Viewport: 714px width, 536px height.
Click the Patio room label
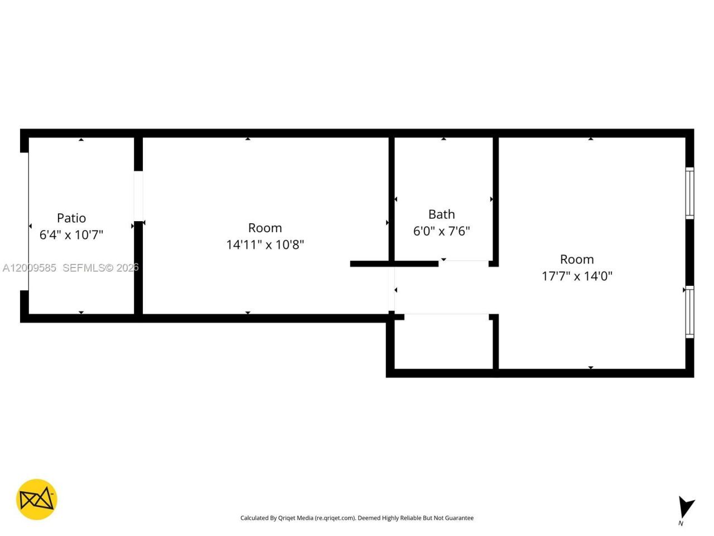click(71, 218)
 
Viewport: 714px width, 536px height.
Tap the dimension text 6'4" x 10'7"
click(71, 234)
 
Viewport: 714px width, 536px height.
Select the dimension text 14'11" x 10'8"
click(265, 245)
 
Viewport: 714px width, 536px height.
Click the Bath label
click(441, 214)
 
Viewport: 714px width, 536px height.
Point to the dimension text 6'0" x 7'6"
click(441, 231)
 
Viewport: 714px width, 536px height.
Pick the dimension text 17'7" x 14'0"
click(577, 276)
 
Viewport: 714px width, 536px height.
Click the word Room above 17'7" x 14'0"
click(577, 259)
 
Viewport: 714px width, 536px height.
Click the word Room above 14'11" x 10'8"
click(265, 228)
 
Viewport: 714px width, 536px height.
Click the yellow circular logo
click(37, 499)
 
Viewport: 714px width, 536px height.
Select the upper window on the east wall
click(690, 193)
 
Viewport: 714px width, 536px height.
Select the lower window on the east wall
click(690, 312)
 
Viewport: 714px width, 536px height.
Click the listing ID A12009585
click(30, 268)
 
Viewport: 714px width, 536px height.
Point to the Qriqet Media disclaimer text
click(357, 518)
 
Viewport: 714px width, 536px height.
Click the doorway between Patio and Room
click(138, 195)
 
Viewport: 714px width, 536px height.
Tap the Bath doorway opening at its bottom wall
click(464, 261)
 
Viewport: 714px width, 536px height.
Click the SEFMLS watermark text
click(100, 268)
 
